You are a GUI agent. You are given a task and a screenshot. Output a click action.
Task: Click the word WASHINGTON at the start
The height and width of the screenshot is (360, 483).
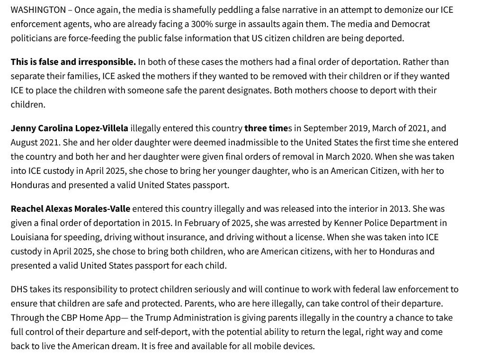pos(38,10)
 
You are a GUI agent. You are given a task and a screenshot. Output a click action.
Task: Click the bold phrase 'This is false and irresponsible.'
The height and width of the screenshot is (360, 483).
pos(73,62)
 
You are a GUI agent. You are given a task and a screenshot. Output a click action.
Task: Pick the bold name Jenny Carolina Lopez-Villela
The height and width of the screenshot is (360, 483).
pos(69,128)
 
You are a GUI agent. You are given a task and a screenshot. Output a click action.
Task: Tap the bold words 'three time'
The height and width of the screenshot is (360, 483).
pos(266,128)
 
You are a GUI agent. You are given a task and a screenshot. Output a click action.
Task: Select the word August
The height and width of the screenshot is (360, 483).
pos(25,143)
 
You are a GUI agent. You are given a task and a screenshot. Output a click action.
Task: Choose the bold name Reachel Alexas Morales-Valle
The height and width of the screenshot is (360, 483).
pos(71,209)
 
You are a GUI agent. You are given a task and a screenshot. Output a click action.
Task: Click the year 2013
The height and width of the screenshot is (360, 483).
pos(399,209)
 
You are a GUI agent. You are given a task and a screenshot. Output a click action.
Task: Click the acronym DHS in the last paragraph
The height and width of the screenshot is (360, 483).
pos(19,289)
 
